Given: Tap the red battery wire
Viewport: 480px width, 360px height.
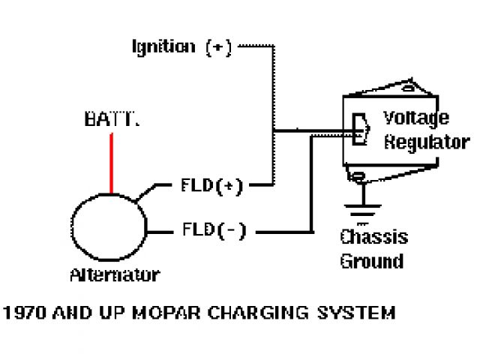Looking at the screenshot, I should pyautogui.click(x=112, y=162).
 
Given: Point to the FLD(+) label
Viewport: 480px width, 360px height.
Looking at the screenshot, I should pyautogui.click(x=212, y=186).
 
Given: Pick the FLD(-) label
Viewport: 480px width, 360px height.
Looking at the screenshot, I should pyautogui.click(x=214, y=229).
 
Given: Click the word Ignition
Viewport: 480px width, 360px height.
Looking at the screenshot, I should pyautogui.click(x=163, y=47).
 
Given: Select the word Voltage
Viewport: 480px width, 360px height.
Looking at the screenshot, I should pyautogui.click(x=416, y=118).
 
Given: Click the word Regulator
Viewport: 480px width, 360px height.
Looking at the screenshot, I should pyautogui.click(x=426, y=142).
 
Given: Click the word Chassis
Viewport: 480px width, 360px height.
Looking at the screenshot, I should pyautogui.click(x=373, y=238).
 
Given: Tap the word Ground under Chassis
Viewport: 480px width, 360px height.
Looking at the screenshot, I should pyautogui.click(x=371, y=262).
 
